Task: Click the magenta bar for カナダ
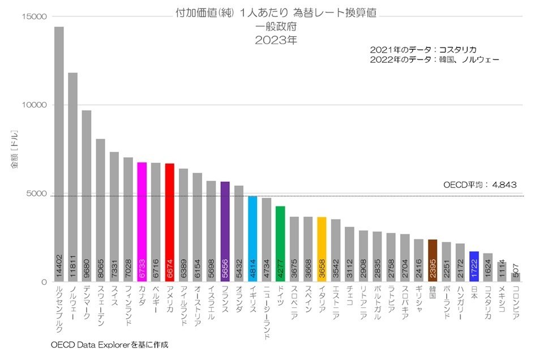tap(142, 221)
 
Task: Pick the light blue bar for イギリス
tap(253, 238)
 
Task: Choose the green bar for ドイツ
tap(280, 243)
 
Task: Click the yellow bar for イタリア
tap(322, 249)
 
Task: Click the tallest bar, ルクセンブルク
tap(59, 153)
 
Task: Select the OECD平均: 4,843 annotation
tap(479, 185)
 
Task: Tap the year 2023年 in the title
tap(276, 40)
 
